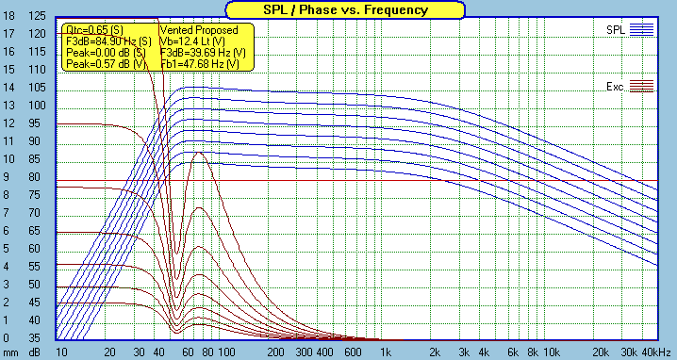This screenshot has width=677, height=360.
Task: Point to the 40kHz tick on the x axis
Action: pos(643,351)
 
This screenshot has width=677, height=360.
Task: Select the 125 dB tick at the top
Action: pos(37,16)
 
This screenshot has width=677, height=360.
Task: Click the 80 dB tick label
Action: pos(37,177)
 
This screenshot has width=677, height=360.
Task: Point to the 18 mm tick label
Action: pos(8,16)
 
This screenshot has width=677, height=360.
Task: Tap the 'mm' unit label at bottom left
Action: pos(9,352)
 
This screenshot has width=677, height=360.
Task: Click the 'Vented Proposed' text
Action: pos(199,30)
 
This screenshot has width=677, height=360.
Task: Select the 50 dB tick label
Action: pos(37,285)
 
